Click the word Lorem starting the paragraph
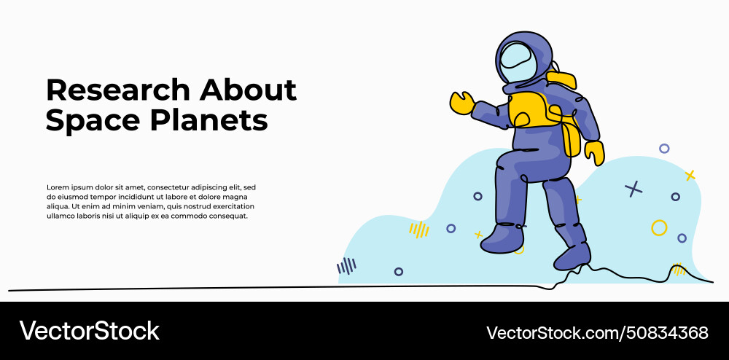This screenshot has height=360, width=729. click(x=59, y=187)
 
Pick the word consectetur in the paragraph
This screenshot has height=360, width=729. click(x=165, y=187)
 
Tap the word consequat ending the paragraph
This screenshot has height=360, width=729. click(x=227, y=216)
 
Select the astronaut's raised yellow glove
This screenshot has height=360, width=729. click(x=461, y=103)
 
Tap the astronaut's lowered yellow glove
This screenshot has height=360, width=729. click(x=594, y=152)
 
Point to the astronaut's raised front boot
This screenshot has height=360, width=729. click(x=502, y=238)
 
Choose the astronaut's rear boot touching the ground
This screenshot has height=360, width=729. click(x=573, y=255)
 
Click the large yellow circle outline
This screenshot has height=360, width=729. click(x=659, y=227)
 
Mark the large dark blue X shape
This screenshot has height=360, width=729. click(x=634, y=189)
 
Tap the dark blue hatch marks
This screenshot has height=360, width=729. click(x=347, y=266)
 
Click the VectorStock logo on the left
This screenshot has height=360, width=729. click(x=90, y=331)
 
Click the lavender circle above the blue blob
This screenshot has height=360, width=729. click(x=664, y=149)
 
